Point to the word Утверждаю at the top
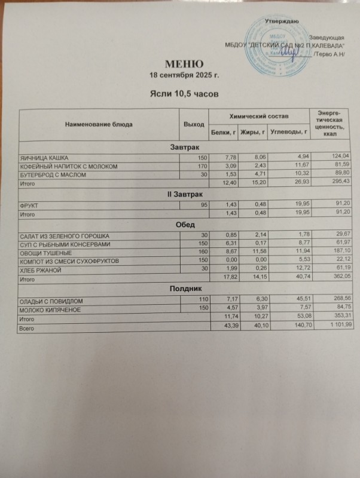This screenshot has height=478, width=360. (x=282, y=22)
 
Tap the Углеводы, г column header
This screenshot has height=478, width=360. (x=288, y=131)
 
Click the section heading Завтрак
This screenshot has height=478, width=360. (x=182, y=147)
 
